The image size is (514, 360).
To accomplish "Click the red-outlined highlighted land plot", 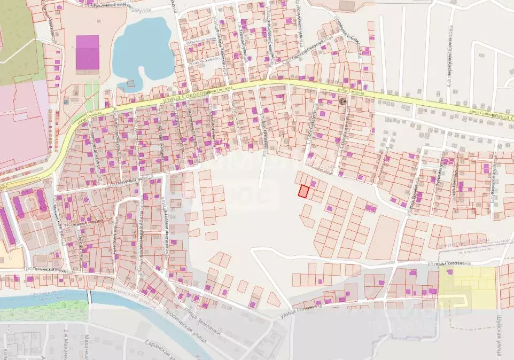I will click(x=303, y=191).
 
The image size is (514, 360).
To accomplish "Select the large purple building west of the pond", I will click(x=88, y=52).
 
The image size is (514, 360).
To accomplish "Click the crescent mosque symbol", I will click(x=342, y=101).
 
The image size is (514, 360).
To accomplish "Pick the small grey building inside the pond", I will click(x=131, y=83).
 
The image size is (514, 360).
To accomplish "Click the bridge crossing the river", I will click(x=89, y=299).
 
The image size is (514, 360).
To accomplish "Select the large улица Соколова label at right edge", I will click(x=502, y=115).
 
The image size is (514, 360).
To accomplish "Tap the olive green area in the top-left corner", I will click(x=16, y=37).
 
